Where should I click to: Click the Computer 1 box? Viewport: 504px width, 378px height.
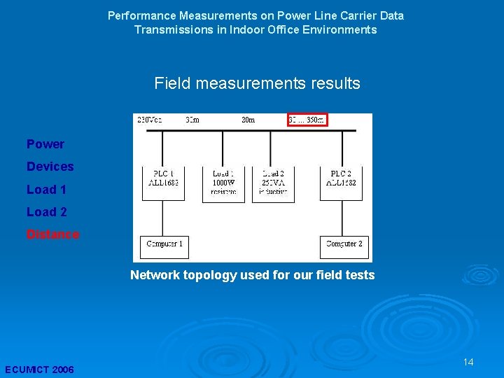coord(164,244)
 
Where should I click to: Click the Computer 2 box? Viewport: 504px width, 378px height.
coord(344,244)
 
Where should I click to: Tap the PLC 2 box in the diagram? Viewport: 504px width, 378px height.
coord(344,178)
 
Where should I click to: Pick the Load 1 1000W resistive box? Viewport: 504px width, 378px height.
coord(223,181)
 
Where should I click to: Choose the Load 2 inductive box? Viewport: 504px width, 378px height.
coord(273,181)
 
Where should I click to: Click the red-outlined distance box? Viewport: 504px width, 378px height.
coord(307,120)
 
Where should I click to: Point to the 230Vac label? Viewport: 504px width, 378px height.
coord(150,120)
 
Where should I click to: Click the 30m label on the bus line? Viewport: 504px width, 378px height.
coord(248,120)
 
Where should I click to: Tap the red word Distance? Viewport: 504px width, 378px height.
coord(53,234)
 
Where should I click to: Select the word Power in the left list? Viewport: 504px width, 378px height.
coord(45,144)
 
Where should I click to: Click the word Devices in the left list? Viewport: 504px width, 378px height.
coord(50,167)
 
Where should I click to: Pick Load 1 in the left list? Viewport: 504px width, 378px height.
coord(47,189)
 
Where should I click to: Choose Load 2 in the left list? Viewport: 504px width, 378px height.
coord(47,211)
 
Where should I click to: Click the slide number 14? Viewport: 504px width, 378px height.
coord(468,362)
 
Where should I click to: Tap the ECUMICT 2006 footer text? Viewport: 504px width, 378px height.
coord(39,369)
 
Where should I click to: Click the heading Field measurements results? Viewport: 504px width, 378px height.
coord(257,84)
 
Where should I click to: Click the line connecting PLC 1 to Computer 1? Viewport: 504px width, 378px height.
coord(163,218)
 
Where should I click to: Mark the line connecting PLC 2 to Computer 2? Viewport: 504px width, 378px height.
coord(343,218)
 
